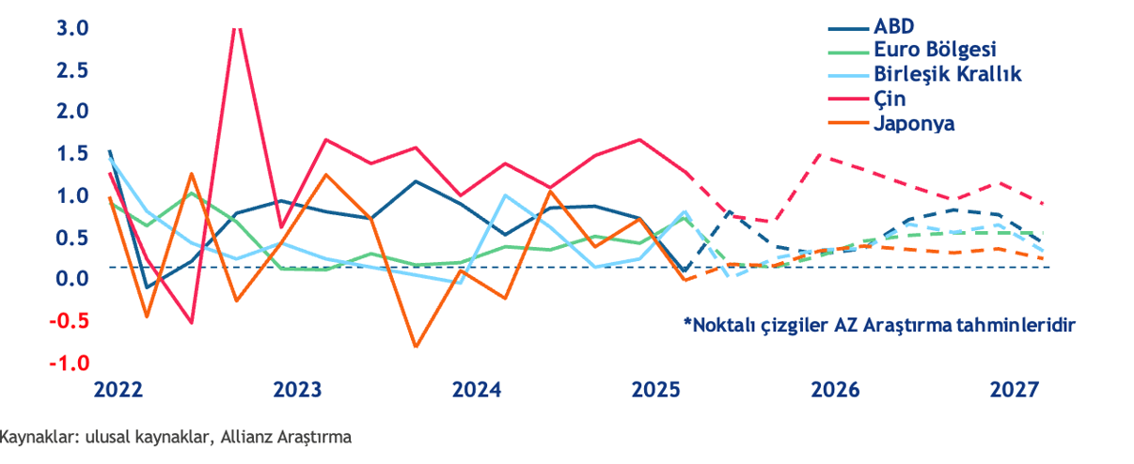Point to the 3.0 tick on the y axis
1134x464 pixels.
tap(71, 28)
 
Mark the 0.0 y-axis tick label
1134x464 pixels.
tap(71, 279)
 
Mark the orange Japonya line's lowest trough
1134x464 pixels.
tap(416, 347)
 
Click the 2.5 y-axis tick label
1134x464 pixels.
tap(71, 70)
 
